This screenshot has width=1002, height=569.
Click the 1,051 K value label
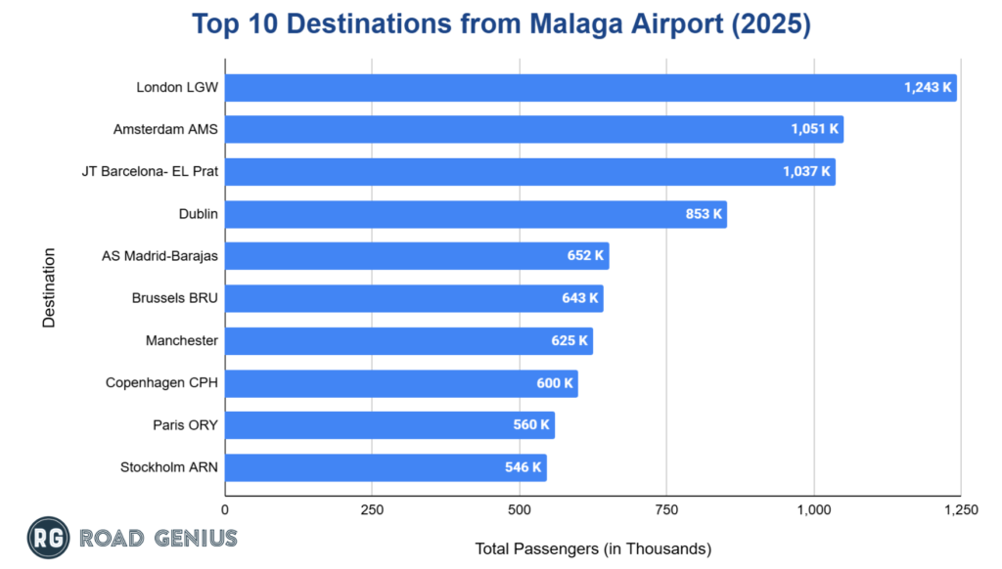[814, 130]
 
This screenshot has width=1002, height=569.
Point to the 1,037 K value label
[806, 172]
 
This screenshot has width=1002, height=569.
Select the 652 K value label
[585, 256]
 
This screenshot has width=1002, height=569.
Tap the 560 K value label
[530, 425]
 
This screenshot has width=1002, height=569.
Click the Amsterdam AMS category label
[165, 130]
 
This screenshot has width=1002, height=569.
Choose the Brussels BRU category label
[175, 298]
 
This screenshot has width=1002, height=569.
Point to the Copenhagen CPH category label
[161, 383]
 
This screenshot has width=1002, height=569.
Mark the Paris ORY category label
[185, 425]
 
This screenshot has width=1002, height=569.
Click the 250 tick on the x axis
[372, 509]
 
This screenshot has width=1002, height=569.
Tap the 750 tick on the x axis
[666, 509]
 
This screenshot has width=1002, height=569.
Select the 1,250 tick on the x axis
[960, 509]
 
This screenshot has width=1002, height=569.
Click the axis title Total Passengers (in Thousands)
[592, 548]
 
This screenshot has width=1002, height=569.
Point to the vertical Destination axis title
[49, 287]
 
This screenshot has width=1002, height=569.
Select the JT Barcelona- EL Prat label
[150, 172]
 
